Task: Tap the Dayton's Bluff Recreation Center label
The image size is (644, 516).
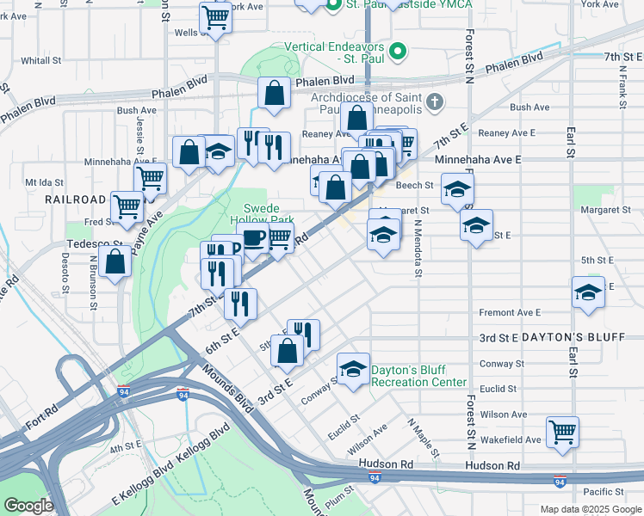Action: click(x=418, y=376)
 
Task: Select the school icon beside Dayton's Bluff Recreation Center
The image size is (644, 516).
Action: click(x=353, y=370)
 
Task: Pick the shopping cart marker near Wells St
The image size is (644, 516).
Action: click(x=214, y=16)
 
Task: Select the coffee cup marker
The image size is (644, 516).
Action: click(x=253, y=239)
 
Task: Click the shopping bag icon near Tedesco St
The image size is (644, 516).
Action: click(x=115, y=261)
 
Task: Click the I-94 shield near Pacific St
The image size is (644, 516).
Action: click(x=560, y=481)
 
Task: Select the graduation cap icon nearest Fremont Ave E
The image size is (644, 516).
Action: click(x=588, y=293)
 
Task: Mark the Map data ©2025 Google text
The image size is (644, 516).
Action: click(x=590, y=509)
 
